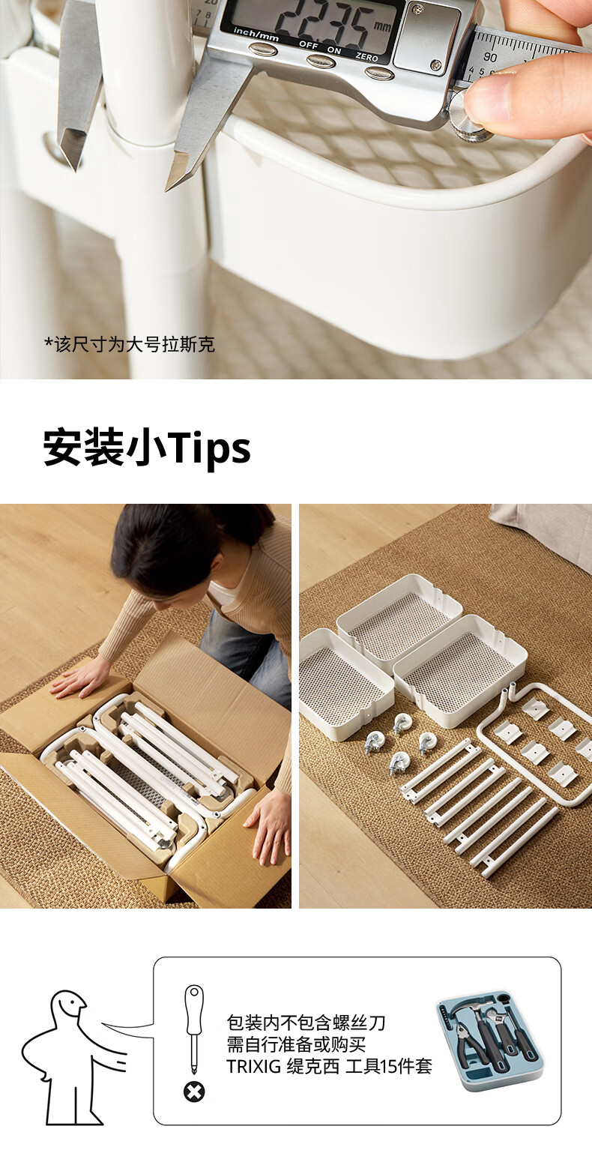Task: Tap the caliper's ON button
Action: click(321, 61)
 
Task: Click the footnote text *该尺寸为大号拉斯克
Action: click(129, 344)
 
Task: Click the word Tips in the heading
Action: click(208, 447)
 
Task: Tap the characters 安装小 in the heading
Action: click(104, 447)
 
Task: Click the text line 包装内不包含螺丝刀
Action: click(306, 1023)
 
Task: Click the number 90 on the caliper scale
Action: click(489, 58)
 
